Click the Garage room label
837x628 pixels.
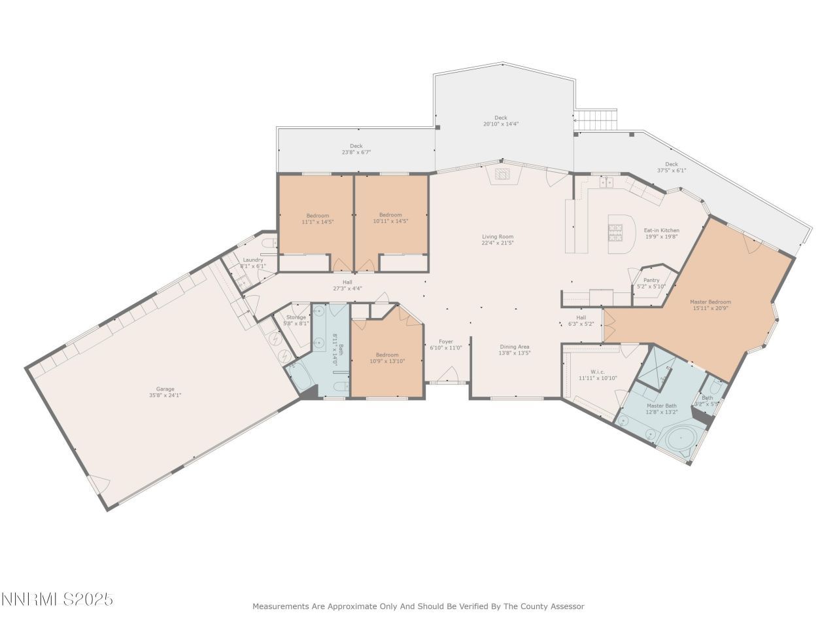(x=165, y=389)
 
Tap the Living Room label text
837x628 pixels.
(x=498, y=237)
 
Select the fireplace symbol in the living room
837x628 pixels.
(x=502, y=174)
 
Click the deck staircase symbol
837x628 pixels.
(x=596, y=120)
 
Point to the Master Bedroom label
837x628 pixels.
(x=710, y=302)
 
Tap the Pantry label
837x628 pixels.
(x=651, y=280)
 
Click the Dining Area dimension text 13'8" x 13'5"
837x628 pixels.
(x=515, y=353)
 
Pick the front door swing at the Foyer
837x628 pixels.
(x=448, y=375)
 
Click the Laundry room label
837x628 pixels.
(x=252, y=260)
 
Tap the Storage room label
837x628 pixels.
(x=296, y=317)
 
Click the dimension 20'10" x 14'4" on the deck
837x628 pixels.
(x=501, y=124)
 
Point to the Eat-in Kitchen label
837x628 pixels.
(x=662, y=230)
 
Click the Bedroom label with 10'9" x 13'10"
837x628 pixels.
(x=387, y=355)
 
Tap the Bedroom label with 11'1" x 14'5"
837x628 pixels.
(x=318, y=215)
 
